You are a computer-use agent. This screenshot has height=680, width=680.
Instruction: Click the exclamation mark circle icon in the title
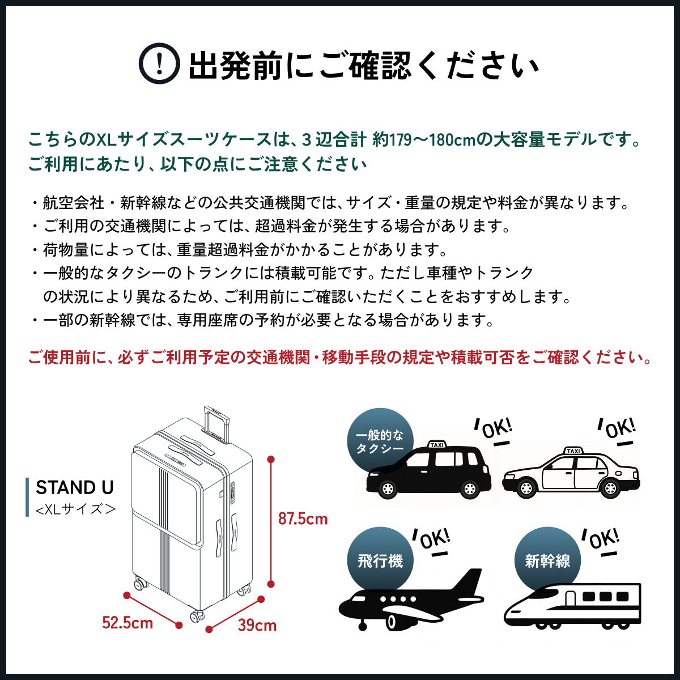159,64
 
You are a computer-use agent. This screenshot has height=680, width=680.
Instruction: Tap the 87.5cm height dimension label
303,518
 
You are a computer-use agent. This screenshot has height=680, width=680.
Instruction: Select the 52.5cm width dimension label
127,623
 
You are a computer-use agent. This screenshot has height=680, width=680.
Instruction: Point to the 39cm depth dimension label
257,625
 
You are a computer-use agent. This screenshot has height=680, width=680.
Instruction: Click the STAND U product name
75,487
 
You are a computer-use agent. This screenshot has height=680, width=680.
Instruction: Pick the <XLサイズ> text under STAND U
75,508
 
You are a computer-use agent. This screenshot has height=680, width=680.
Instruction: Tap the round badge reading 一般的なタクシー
380,441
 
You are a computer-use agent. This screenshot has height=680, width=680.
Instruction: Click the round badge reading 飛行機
380,560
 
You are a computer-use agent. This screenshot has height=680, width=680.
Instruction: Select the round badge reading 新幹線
547,560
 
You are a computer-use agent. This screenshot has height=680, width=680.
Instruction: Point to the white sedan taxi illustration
571,476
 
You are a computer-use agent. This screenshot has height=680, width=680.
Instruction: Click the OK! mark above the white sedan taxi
619,429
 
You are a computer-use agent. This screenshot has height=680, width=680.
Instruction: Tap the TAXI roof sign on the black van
437,445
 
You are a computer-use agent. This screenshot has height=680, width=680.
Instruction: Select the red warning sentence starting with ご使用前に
339,358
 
